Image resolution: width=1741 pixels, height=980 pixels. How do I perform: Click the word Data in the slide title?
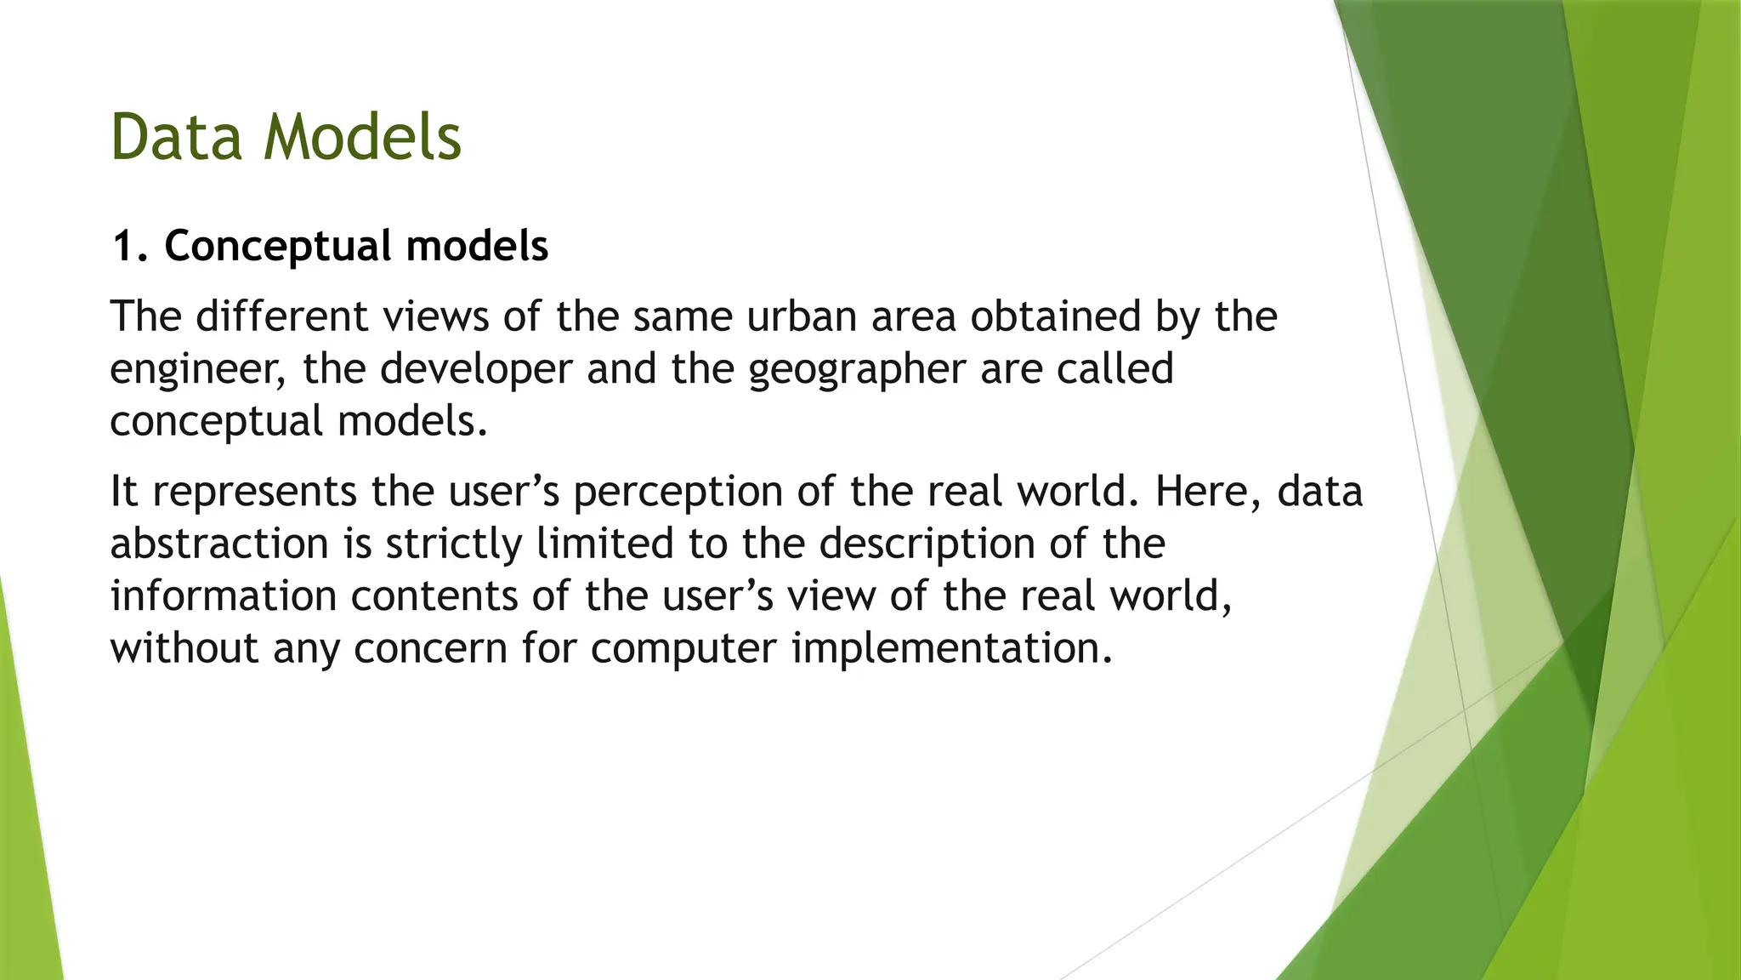177,137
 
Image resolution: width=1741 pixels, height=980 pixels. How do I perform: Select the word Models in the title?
363,137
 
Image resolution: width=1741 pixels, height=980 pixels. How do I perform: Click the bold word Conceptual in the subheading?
276,247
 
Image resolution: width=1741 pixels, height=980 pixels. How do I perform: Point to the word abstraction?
219,544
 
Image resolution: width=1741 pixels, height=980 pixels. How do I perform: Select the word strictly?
454,544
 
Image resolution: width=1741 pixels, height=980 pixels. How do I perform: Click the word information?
224,595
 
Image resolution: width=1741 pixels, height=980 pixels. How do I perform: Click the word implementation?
952,648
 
